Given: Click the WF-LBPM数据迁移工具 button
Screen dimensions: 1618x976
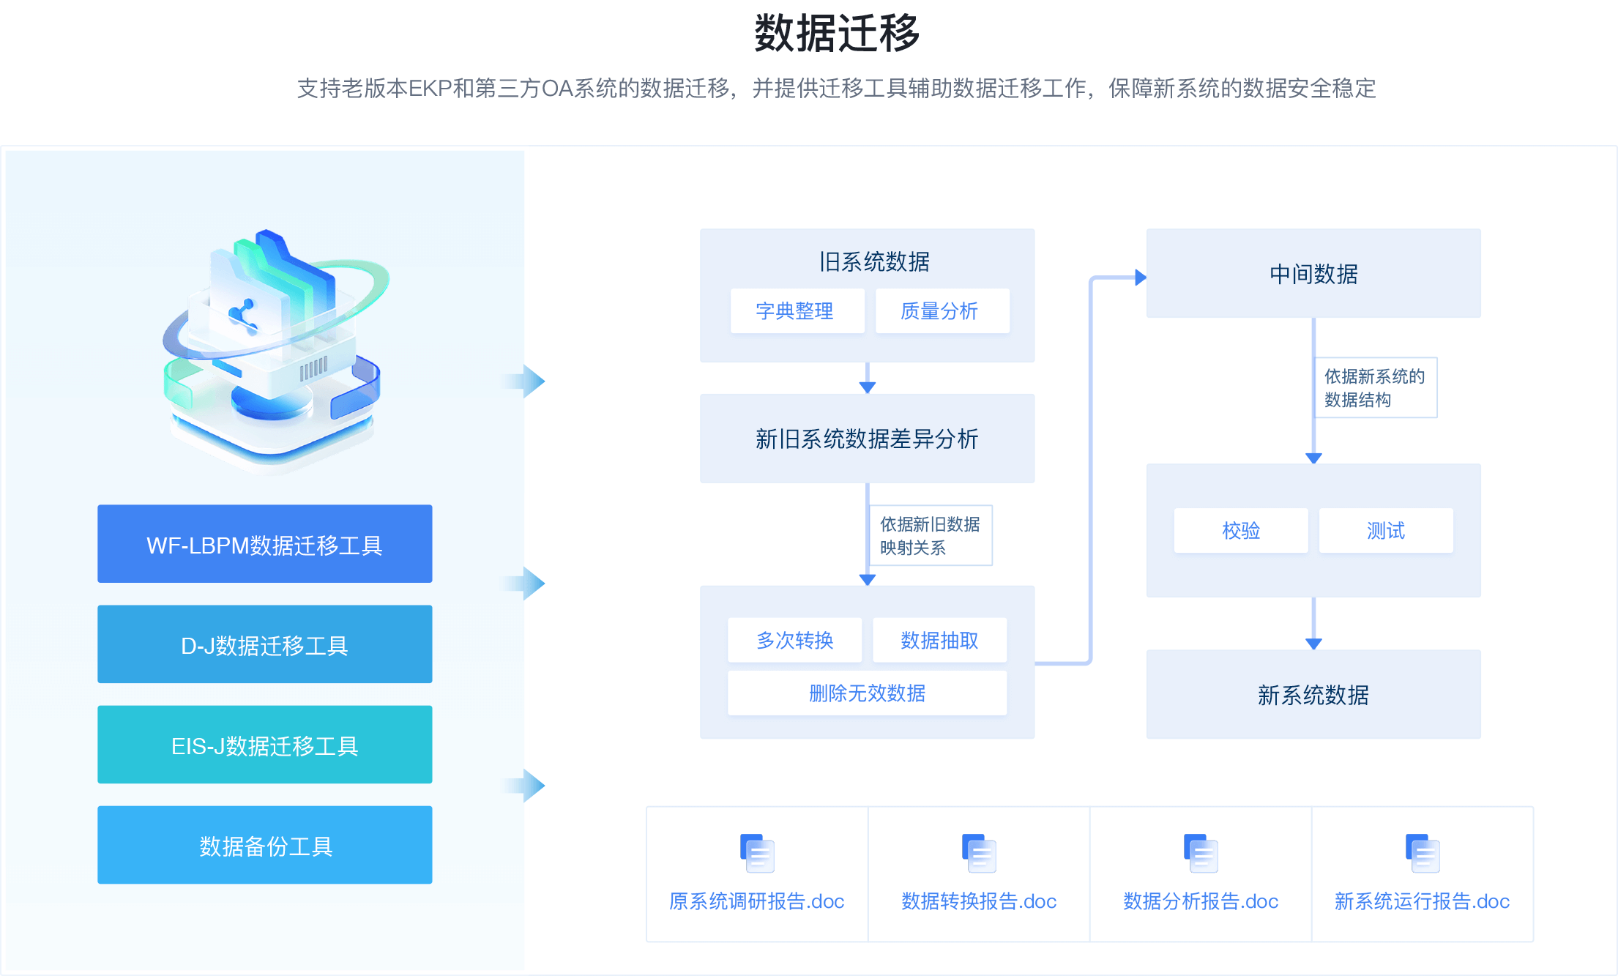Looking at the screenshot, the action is coord(264,544).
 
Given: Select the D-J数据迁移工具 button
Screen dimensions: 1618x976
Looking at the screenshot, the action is coord(264,644).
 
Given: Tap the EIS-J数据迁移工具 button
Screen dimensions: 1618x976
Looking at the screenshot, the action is coord(264,745).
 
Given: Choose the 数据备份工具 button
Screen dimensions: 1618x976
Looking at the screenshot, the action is coord(264,845).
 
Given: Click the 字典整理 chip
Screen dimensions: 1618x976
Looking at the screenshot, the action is coord(797,311).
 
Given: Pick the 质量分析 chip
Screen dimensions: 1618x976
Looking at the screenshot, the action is coord(942,311).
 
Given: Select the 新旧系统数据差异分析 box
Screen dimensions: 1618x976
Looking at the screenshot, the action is coord(867,439).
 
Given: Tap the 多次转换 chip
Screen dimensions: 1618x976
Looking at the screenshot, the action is coord(794,641).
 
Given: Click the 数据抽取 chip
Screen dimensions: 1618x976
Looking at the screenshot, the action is coord(939,641).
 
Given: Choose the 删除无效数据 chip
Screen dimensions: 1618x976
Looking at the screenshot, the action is coord(867,693).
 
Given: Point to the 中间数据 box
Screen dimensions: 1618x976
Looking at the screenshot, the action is coord(1313,273).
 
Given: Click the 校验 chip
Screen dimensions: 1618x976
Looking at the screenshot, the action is coord(1241,531).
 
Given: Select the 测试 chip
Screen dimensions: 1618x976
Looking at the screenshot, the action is coord(1386,531).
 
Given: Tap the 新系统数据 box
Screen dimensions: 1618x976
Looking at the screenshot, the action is coord(1313,694).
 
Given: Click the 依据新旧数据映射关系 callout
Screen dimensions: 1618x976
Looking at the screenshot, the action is coord(930,535).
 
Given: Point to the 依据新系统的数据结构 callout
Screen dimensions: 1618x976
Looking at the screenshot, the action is coord(1376,387).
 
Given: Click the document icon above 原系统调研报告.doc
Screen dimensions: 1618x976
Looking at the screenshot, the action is coord(757,853).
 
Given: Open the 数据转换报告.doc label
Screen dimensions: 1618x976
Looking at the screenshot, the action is coord(979,901).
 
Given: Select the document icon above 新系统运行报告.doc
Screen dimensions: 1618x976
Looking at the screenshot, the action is coord(1423,853).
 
